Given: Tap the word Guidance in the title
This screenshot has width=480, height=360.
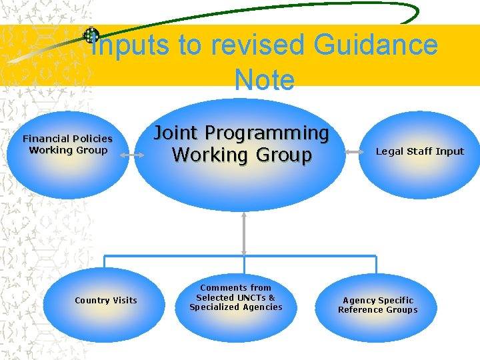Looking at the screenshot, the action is coord(376,45).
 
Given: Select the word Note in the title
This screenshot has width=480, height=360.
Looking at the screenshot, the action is coord(264,80).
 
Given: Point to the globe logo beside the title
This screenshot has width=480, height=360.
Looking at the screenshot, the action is coord(91,35).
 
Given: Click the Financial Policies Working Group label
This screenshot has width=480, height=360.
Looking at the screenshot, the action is coord(68,144).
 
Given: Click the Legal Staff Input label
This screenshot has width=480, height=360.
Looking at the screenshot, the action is coord(419,151).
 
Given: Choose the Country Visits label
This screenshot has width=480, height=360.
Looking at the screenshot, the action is coord(106,300).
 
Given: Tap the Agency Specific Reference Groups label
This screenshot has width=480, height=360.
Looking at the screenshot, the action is coord(378,305).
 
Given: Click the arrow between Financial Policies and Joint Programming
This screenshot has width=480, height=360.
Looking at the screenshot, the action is coord(132,155).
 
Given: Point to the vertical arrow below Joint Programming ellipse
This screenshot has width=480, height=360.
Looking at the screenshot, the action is coord(244,233).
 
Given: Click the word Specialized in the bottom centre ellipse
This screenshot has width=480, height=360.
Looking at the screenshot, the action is coord(213,307).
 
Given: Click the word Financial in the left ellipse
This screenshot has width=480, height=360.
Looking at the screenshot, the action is coord(46,139).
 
